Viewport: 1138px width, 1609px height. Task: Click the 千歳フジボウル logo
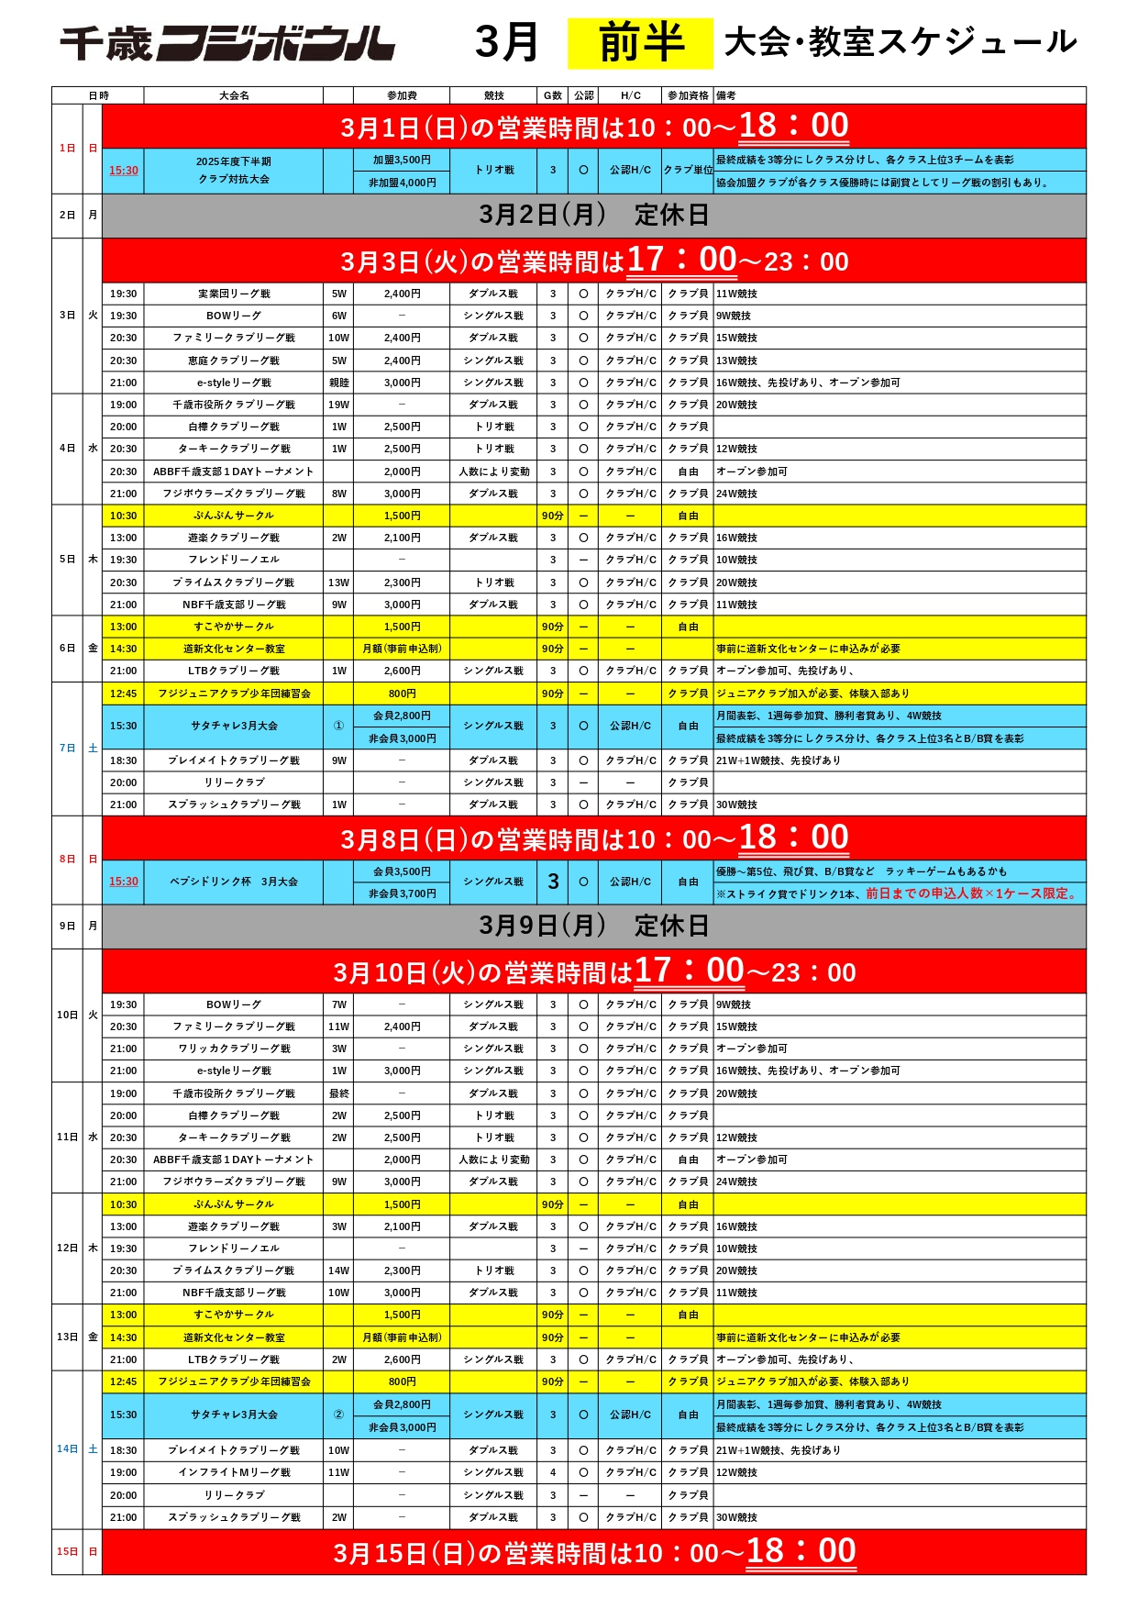pos(227,43)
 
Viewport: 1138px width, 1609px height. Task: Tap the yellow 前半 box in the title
pos(640,43)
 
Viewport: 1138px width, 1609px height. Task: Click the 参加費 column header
pos(402,95)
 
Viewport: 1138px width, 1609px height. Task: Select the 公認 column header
pos(583,95)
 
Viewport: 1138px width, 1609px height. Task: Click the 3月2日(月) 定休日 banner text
pos(593,215)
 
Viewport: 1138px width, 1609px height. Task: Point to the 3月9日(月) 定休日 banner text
pos(593,926)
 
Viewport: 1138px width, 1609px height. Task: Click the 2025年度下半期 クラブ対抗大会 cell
pos(234,171)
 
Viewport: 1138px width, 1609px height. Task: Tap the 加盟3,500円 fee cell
pos(402,160)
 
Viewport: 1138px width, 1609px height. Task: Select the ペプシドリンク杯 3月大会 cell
pos(234,882)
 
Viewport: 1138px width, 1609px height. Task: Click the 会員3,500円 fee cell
pos(402,871)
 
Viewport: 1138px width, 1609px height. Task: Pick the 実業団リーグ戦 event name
pos(234,294)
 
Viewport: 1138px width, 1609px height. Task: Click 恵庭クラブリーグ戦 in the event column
pos(234,361)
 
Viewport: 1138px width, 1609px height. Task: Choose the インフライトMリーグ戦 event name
pos(234,1472)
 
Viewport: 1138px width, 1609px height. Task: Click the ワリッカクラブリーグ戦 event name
pos(234,1049)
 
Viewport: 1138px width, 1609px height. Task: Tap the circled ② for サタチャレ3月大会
pos(338,1415)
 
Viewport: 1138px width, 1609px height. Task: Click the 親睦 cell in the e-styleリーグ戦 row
pos(338,383)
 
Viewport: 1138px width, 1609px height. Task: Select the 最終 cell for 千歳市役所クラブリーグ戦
pos(338,1093)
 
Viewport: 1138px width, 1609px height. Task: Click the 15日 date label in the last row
pos(67,1551)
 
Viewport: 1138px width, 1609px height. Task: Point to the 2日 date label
pos(67,215)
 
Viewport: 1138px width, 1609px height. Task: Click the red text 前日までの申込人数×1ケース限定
pos(971,893)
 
